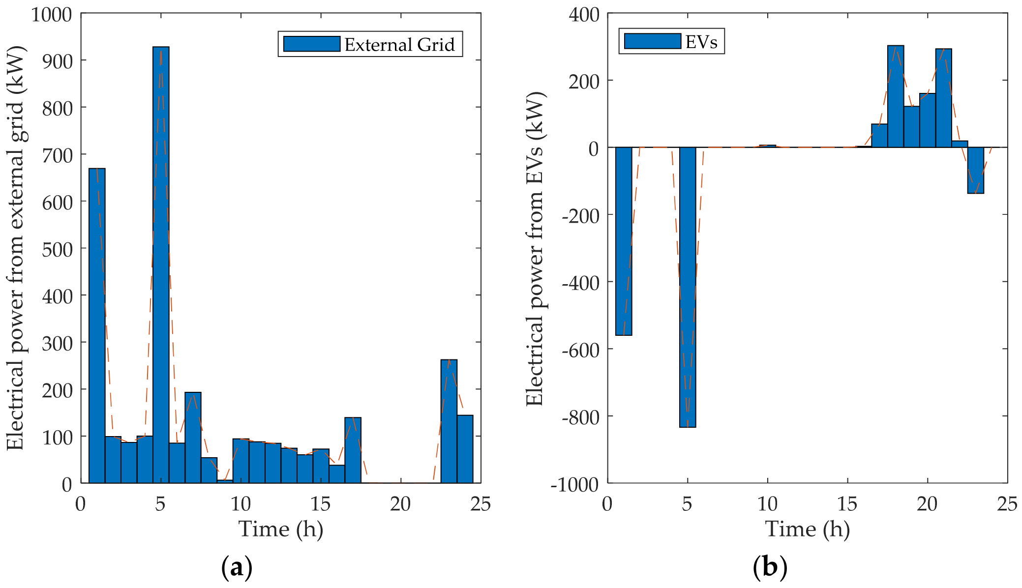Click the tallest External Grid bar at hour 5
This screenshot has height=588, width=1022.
(x=161, y=265)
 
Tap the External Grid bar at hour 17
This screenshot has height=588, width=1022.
(x=353, y=450)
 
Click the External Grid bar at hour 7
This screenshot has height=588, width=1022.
(x=193, y=438)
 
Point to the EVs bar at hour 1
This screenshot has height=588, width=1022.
(x=624, y=241)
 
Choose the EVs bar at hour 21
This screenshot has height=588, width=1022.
(x=943, y=98)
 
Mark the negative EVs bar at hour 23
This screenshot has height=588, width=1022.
(x=975, y=170)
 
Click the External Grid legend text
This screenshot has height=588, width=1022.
(x=399, y=45)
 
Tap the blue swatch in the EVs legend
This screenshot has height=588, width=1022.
(x=652, y=41)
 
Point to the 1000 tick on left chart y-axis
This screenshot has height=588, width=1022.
(x=51, y=15)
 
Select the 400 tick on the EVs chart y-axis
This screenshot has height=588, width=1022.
(x=584, y=15)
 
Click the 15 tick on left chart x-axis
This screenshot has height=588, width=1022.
(x=320, y=504)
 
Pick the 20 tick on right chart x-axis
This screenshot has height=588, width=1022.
(x=927, y=504)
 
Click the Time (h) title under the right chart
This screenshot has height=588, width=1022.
(x=807, y=529)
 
